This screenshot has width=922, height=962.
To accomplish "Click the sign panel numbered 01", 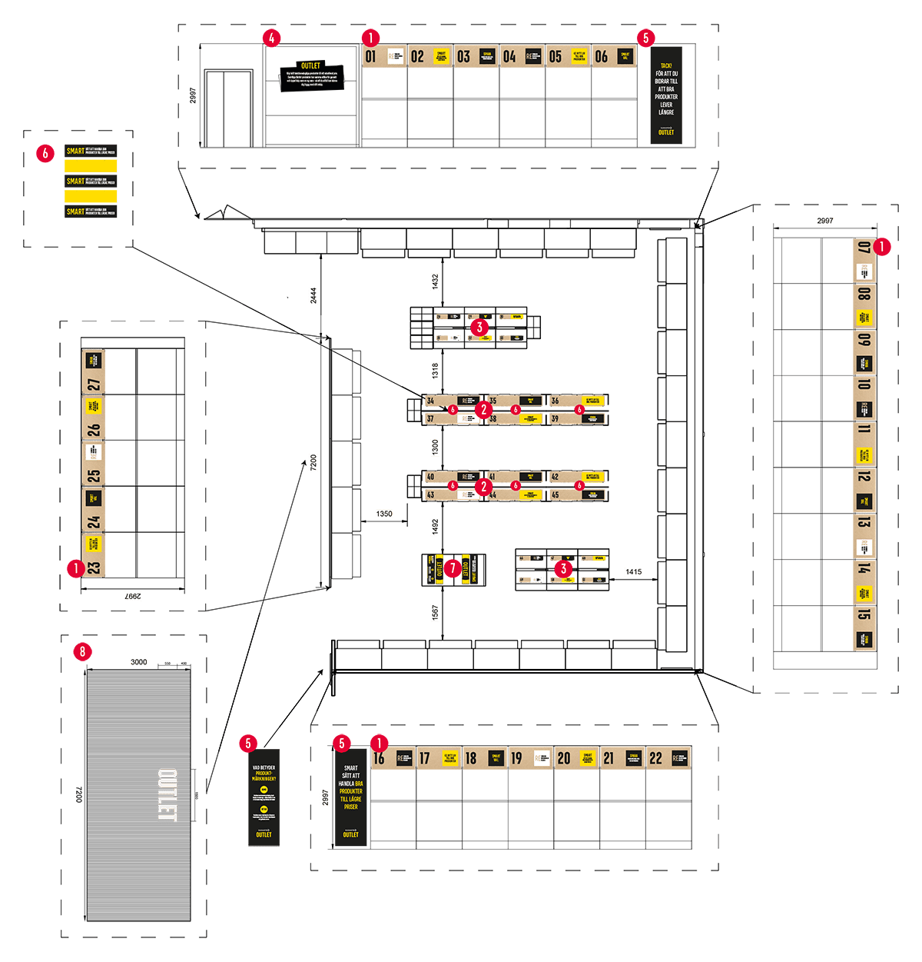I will tap(384, 56).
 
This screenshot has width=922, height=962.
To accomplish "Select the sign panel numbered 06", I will tap(614, 56).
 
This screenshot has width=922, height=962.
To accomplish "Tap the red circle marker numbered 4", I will tap(271, 38).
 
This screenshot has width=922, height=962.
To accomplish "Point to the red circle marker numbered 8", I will tap(82, 652).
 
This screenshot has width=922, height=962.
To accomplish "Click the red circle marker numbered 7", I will tap(453, 568).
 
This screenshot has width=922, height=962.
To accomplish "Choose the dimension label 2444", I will tap(313, 295).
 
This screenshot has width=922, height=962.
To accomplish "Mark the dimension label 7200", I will tap(313, 463).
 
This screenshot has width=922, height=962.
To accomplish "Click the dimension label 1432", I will tap(435, 281).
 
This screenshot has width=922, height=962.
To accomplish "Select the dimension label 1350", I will tap(384, 514).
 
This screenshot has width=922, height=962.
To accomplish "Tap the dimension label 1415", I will tap(633, 572).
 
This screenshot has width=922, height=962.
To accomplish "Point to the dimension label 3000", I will tap(139, 662).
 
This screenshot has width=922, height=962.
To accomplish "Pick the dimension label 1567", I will tap(435, 613).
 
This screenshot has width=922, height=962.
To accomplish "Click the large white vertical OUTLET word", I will tap(167, 795).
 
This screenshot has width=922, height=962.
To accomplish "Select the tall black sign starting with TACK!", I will tap(666, 93).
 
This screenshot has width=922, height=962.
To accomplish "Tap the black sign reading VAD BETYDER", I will tap(264, 797).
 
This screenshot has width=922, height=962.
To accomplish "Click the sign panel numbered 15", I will tap(864, 627).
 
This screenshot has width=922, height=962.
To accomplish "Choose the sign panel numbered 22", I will tap(668, 758).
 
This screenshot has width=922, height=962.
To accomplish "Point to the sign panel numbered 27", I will tap(94, 371).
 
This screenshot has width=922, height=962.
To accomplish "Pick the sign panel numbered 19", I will tap(530, 758).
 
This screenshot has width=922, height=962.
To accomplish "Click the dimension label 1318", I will tap(435, 371).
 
